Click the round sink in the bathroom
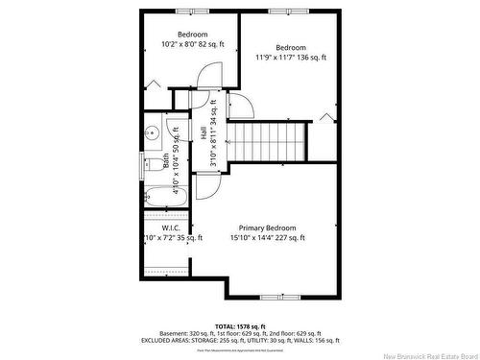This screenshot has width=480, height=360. pos(152,132)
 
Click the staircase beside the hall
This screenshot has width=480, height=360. pos(270,141)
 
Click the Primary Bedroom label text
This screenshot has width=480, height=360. pos(268,228)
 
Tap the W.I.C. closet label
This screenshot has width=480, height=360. pos(160,228)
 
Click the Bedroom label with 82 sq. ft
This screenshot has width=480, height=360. pos(192,34)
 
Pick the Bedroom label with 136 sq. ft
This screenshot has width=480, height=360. pos(290,47)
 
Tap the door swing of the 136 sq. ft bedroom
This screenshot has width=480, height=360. pos(241,106)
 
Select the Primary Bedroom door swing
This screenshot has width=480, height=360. pos(208,181)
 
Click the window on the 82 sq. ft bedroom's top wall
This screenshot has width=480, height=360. pos(191,11)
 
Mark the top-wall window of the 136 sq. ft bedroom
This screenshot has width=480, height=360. pos(282,11)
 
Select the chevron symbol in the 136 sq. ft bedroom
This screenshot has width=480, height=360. pos(327,118)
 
